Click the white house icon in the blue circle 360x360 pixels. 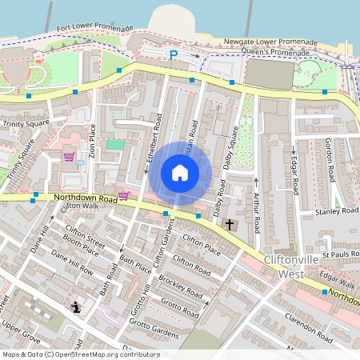click(180, 173)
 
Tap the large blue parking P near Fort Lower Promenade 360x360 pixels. click(172, 54)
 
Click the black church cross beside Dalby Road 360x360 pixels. click(230, 226)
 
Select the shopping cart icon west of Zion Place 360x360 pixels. click(70, 156)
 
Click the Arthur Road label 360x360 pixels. click(256, 212)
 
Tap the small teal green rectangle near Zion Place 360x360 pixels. click(115, 145)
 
